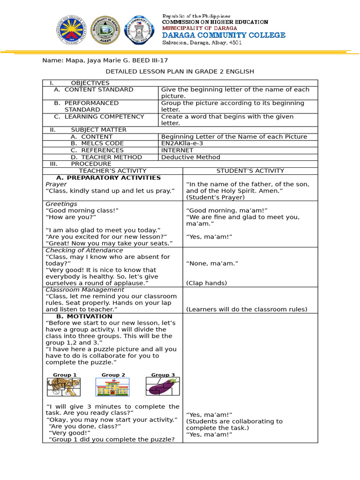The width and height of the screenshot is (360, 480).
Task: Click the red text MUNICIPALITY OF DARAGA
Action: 193,28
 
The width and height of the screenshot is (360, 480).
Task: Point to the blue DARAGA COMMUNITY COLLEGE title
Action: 224,35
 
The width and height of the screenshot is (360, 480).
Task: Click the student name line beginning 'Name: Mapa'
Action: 105,60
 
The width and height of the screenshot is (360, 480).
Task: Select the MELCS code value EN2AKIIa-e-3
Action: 182,143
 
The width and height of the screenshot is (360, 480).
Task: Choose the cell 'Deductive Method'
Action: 190,157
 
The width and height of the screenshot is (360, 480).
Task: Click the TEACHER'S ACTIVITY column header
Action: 112,171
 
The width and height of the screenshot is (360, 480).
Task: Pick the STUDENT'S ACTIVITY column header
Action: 250,171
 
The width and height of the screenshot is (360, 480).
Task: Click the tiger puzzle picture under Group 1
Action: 64,387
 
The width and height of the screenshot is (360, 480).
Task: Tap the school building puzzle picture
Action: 112,387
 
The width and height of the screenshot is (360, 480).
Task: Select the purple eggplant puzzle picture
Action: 162,387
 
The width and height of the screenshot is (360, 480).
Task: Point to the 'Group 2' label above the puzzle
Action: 113,375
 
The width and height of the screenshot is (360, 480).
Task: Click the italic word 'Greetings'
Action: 61,204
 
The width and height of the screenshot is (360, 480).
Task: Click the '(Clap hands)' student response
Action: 207,283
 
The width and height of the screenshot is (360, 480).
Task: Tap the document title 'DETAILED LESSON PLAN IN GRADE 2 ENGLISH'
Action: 180,72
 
